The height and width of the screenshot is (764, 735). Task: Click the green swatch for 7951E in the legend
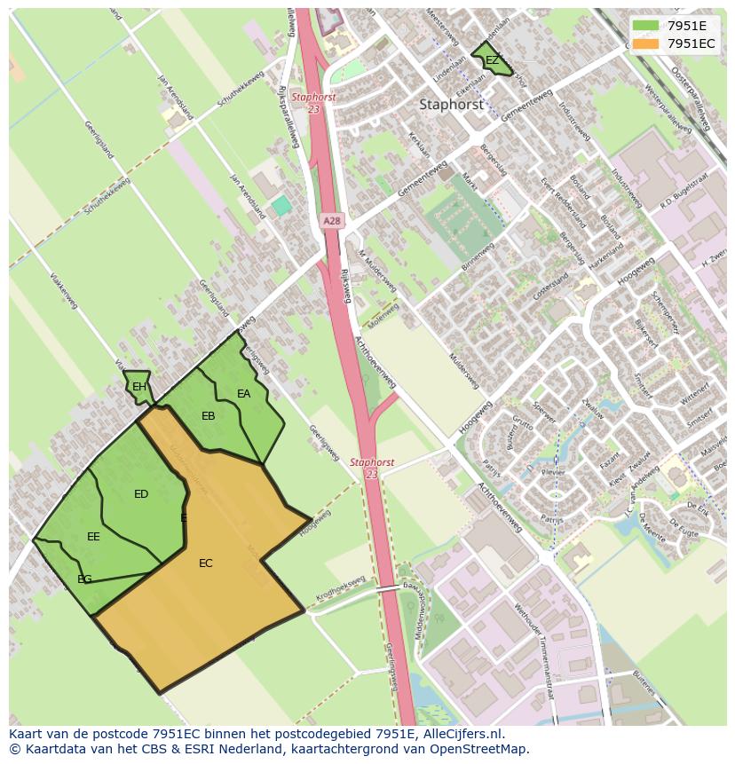[645, 25]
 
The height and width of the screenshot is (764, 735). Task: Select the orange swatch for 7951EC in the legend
[645, 43]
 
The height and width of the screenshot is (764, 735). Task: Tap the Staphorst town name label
[451, 104]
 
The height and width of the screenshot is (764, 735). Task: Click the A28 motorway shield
[331, 221]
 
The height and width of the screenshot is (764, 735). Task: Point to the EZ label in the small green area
[492, 60]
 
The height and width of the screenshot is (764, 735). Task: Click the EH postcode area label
[139, 387]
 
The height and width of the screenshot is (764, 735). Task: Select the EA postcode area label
[243, 394]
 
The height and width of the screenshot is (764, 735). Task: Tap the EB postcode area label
[209, 416]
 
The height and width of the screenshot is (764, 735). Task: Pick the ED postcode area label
[141, 494]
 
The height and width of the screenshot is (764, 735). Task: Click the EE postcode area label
[93, 537]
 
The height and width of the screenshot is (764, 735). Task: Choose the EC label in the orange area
[206, 563]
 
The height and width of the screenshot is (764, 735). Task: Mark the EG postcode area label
[84, 579]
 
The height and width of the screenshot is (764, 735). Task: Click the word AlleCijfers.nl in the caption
[458, 734]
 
